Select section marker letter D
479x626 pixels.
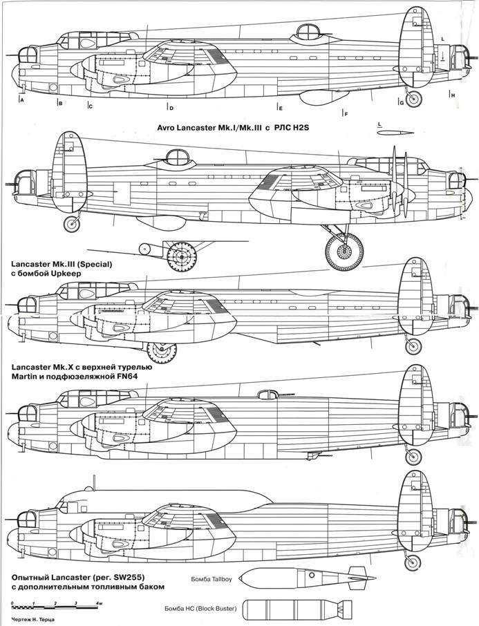171,108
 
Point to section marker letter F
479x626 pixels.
345,113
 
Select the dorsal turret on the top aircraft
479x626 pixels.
306,31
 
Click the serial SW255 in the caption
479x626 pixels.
118,576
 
